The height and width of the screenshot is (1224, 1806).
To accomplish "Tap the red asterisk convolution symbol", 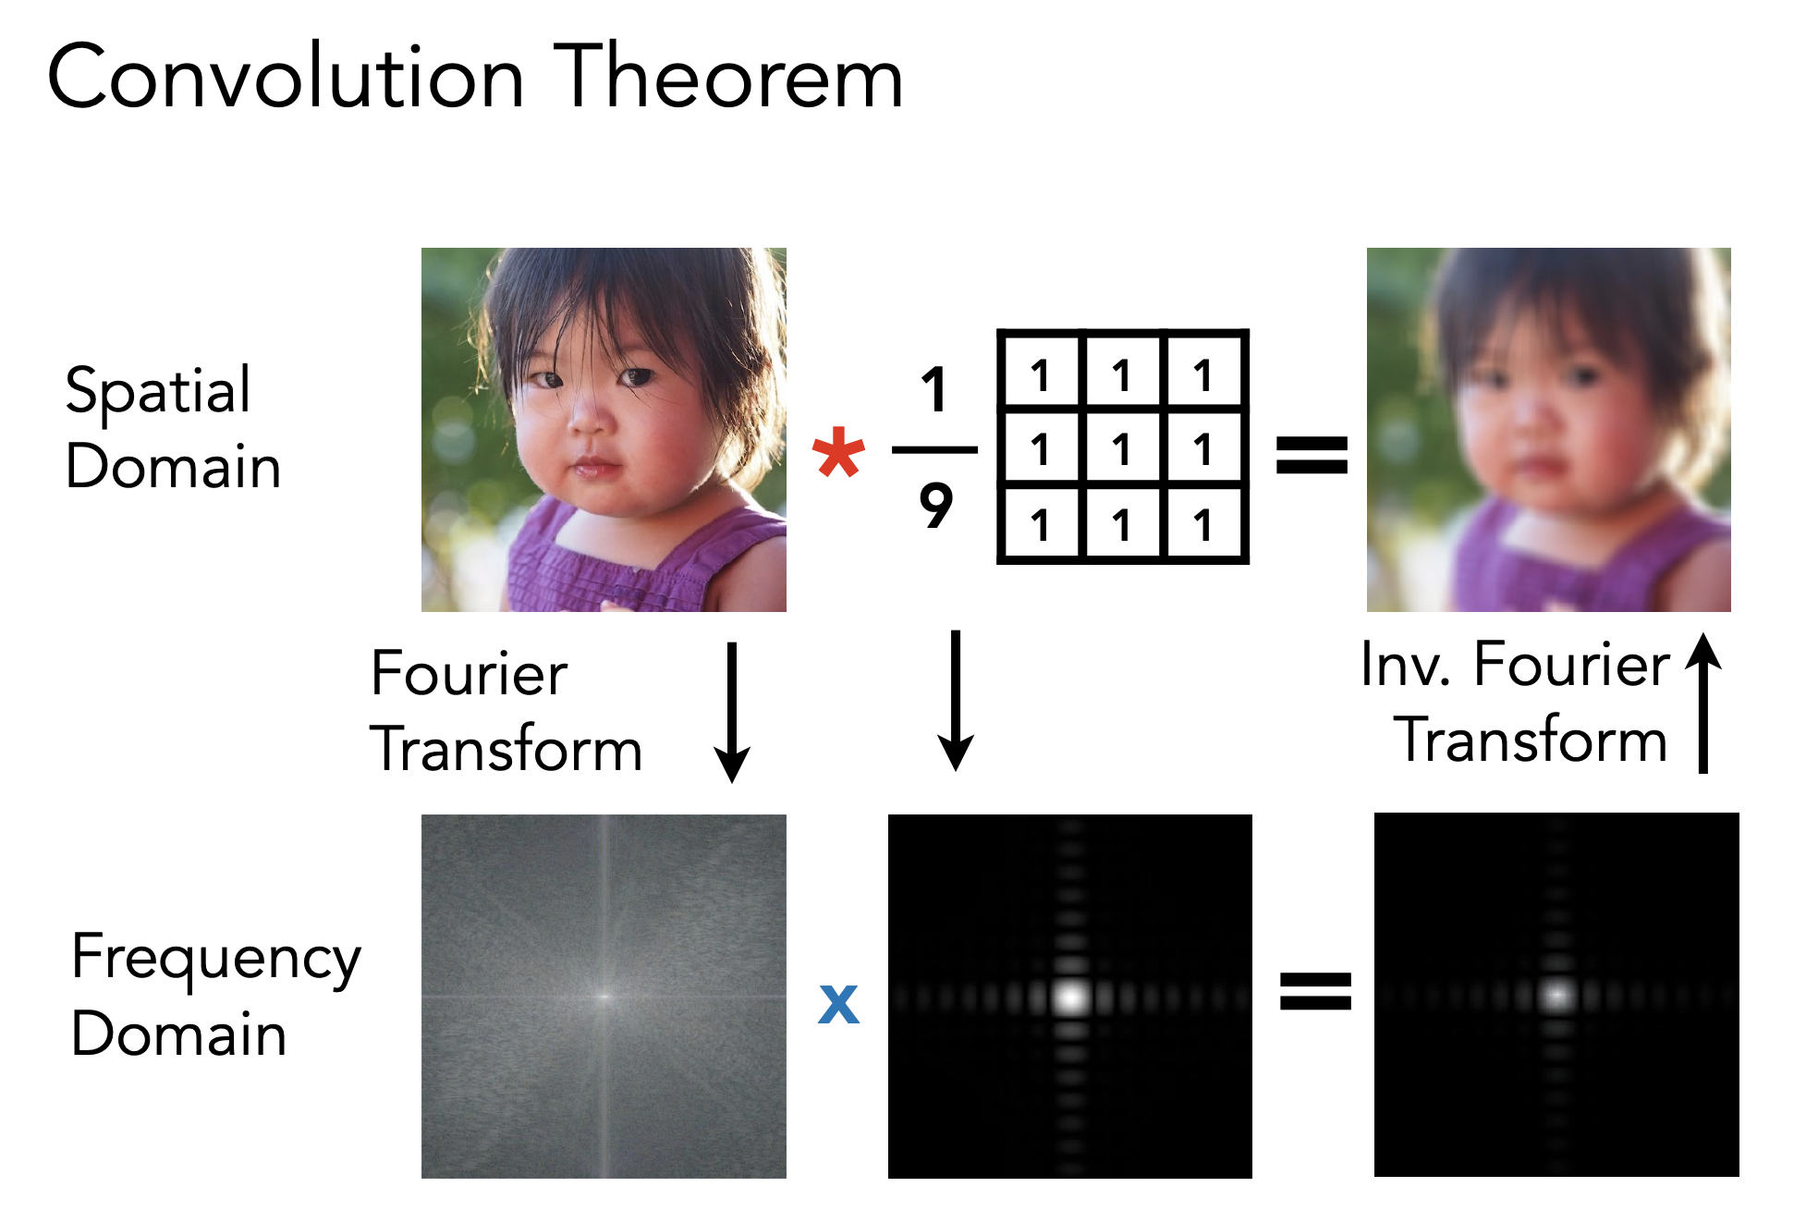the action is (x=838, y=452).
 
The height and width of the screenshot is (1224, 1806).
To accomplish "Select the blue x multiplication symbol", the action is (x=838, y=1003).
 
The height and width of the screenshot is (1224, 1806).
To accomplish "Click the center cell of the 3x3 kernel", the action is (x=1122, y=449).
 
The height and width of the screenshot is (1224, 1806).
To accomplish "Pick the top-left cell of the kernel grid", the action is (x=1041, y=374).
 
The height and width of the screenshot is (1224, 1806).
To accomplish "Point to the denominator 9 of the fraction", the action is (x=935, y=506).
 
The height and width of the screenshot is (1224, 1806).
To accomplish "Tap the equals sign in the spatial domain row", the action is (x=1312, y=455).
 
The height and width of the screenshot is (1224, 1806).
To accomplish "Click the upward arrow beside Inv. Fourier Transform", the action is (x=1703, y=703).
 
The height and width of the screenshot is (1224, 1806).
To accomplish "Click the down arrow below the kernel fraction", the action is (x=956, y=701).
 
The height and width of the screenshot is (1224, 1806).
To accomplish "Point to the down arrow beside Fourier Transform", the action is (x=732, y=713).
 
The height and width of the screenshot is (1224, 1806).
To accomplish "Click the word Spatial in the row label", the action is (x=158, y=391).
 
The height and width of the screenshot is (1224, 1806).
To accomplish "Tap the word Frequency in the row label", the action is (x=215, y=958).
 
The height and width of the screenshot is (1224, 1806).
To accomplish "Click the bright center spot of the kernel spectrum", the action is (x=1070, y=997).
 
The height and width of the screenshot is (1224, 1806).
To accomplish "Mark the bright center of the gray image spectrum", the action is (x=604, y=997).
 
